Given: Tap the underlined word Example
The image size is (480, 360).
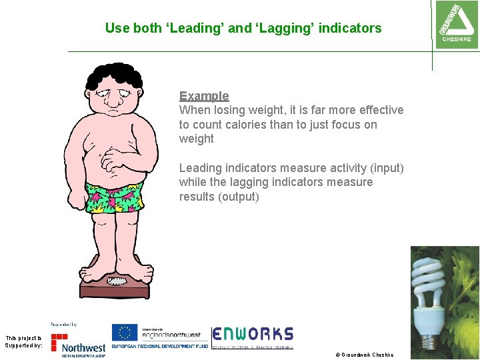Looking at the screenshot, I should click(204, 96).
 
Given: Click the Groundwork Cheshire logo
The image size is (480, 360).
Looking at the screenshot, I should click(456, 23).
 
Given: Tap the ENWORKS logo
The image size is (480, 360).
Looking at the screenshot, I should click(253, 335).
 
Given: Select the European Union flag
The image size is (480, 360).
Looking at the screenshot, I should click(125, 333).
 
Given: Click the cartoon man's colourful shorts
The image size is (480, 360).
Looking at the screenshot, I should click(115, 196).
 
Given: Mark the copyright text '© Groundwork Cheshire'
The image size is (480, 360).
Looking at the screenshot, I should click(365, 355).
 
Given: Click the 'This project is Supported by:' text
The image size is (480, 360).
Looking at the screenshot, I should click(23, 342).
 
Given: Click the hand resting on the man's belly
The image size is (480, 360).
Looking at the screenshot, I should click(117, 159).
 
